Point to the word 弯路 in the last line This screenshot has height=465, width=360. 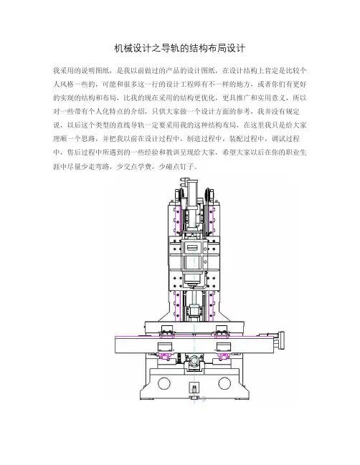[103, 166]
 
